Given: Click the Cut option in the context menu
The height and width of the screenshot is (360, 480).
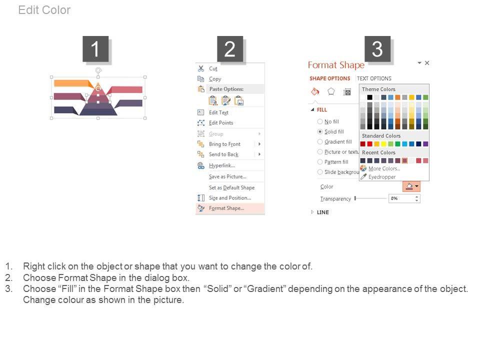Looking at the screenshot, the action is pyautogui.click(x=213, y=68).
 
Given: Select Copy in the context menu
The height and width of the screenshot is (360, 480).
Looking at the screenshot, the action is pyautogui.click(x=215, y=79).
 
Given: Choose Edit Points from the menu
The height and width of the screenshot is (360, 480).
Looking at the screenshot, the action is pyautogui.click(x=221, y=123).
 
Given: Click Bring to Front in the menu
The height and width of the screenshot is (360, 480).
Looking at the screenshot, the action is pyautogui.click(x=224, y=144).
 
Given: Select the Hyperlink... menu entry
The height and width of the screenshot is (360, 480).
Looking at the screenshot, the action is pyautogui.click(x=221, y=165).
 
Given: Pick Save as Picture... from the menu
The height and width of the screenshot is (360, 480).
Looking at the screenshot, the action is pyautogui.click(x=227, y=176).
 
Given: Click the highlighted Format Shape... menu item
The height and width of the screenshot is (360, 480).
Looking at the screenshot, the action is pyautogui.click(x=226, y=208).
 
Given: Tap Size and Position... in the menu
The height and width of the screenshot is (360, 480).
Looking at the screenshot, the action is pyautogui.click(x=230, y=198).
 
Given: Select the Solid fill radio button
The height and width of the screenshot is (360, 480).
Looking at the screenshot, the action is pyautogui.click(x=320, y=131).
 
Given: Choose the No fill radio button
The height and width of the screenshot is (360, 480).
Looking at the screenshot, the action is pyautogui.click(x=320, y=121).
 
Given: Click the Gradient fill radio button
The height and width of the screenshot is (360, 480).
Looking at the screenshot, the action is pyautogui.click(x=320, y=141).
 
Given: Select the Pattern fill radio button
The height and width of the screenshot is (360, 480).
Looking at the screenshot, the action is pyautogui.click(x=320, y=162).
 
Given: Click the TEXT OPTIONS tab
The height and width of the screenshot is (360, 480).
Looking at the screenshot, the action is pyautogui.click(x=374, y=78).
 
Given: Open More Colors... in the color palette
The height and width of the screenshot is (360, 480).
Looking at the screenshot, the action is pyautogui.click(x=384, y=168).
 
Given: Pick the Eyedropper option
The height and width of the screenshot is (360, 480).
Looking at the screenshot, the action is pyautogui.click(x=381, y=177).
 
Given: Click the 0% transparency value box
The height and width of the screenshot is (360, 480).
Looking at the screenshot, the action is pyautogui.click(x=401, y=198).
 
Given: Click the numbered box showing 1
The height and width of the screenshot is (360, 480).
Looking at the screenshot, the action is pyautogui.click(x=95, y=49).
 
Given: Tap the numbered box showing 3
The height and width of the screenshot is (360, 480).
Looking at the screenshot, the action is pyautogui.click(x=377, y=49).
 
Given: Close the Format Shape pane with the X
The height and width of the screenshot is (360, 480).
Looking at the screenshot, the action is pyautogui.click(x=427, y=63).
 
